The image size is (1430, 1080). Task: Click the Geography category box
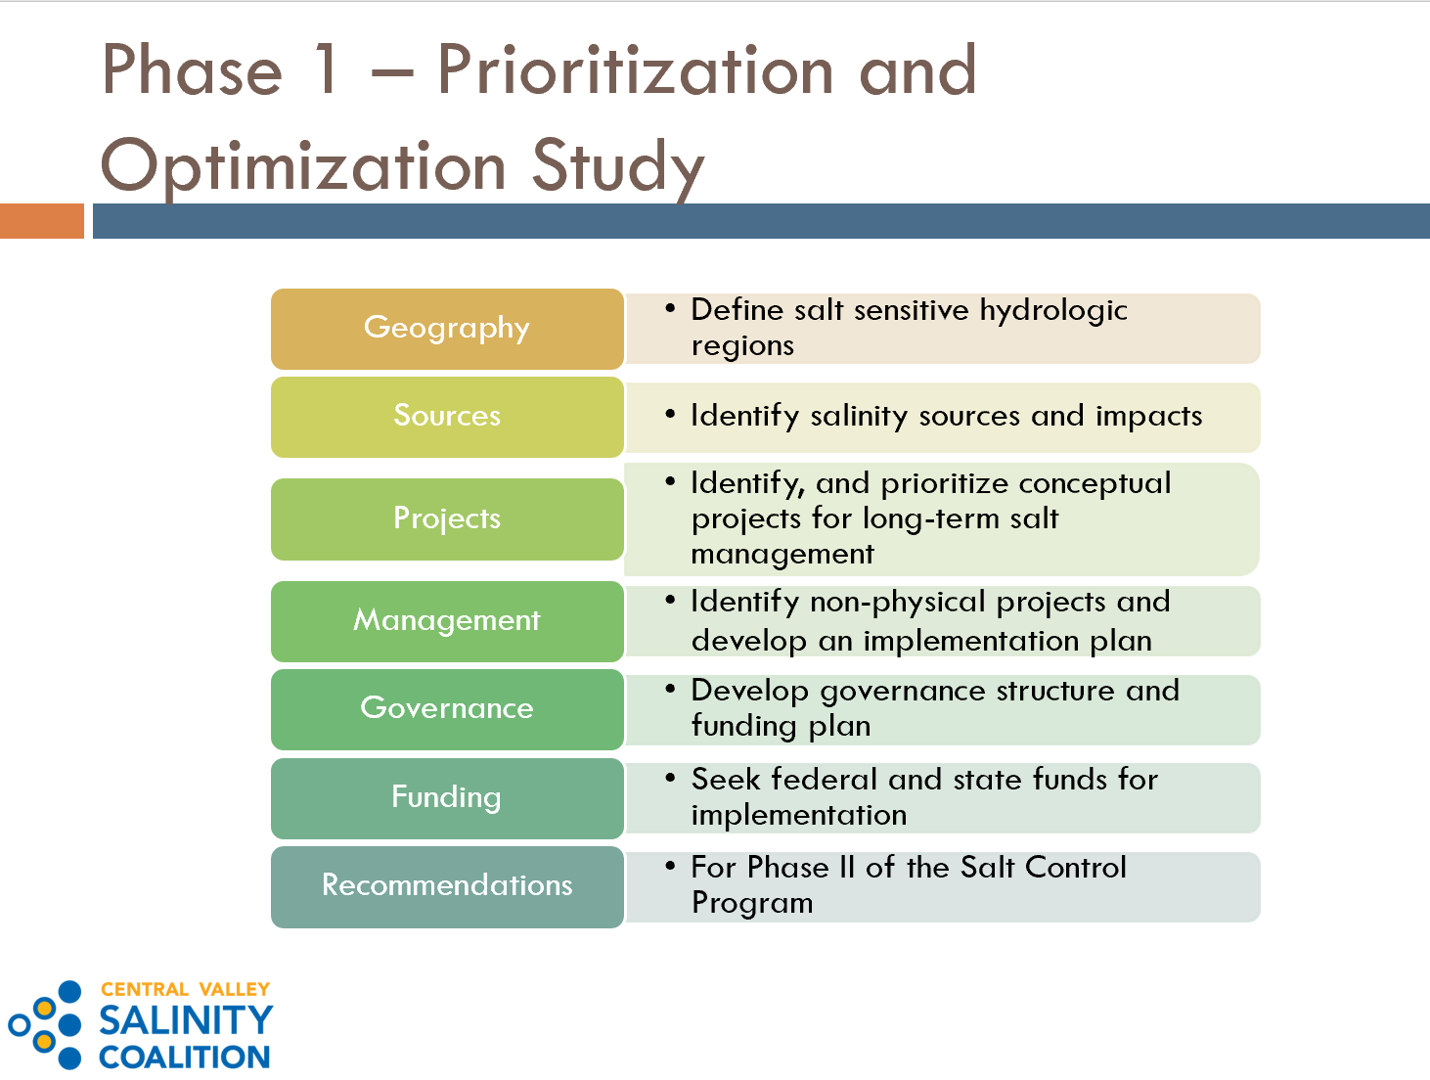[x=447, y=329]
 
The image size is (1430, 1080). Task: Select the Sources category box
[x=447, y=417]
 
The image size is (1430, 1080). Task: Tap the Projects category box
[x=447, y=519]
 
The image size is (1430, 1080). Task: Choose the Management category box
[x=447, y=621]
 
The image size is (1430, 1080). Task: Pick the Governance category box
[x=447, y=709]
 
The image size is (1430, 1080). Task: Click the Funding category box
[x=447, y=798]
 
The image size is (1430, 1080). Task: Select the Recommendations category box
[x=447, y=886]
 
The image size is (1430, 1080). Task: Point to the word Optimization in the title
[x=303, y=166]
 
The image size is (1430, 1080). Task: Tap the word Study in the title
[x=618, y=167]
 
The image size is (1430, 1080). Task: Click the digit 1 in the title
[x=327, y=69]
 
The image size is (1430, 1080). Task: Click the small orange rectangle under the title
[x=42, y=221]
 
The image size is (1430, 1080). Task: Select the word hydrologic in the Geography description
[x=1053, y=311]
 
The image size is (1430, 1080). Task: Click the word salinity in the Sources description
[x=859, y=416]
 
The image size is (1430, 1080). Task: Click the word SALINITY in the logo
[x=186, y=1020]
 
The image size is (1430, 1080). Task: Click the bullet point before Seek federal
[x=670, y=778]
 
